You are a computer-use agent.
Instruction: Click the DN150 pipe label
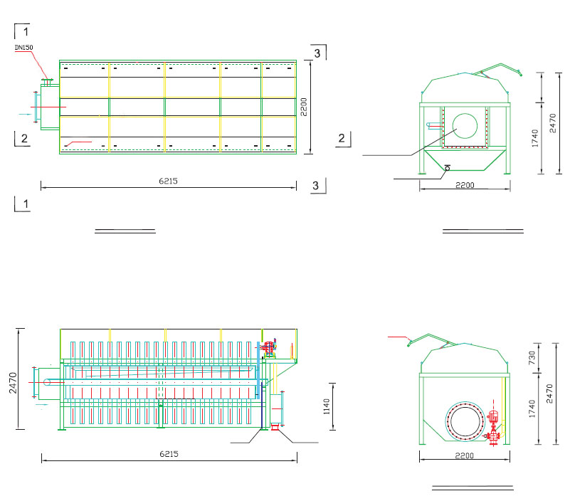23,47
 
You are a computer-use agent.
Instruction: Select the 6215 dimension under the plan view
169,181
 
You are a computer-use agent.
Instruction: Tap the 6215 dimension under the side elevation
169,454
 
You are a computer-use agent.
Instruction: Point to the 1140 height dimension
327,406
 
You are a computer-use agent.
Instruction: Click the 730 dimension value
532,358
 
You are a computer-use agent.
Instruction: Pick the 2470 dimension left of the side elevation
13,383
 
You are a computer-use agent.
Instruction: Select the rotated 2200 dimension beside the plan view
304,107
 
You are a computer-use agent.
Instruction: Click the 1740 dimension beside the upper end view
534,138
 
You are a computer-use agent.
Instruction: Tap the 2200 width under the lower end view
465,455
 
